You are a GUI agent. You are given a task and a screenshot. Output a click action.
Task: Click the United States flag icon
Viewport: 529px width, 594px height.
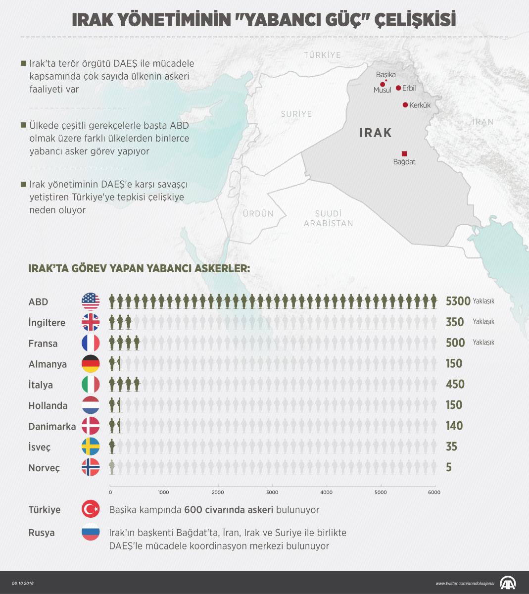pos(91,301)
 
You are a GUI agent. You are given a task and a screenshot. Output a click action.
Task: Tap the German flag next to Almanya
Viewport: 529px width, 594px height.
pos(91,364)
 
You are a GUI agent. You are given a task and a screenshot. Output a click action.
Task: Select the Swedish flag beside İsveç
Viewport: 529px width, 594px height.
pos(91,447)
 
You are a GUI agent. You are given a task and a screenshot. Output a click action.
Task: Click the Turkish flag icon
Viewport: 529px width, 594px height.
pos(91,509)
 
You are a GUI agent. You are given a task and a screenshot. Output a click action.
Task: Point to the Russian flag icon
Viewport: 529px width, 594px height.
pos(91,532)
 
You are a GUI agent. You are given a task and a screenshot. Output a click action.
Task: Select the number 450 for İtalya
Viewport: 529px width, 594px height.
pos(455,385)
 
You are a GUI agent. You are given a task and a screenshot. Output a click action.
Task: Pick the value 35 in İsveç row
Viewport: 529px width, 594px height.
pos(451,447)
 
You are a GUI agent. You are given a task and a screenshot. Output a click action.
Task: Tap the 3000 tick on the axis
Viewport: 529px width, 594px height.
pos(272,493)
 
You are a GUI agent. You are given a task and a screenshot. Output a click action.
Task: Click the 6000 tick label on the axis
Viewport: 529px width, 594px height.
pos(434,493)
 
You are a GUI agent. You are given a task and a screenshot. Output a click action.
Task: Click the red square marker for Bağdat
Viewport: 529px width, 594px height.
pos(404,153)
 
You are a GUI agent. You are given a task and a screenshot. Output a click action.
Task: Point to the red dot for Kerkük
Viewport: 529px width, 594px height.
pos(405,105)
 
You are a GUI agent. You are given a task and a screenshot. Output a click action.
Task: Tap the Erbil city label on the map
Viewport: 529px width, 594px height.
pos(409,89)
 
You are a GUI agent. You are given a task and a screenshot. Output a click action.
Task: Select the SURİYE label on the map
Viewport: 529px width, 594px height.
pos(296,114)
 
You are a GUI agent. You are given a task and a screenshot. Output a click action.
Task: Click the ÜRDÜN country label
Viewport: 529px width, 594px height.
pos(257,214)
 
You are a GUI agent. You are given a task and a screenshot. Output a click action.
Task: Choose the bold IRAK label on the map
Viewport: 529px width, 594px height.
pos(375,133)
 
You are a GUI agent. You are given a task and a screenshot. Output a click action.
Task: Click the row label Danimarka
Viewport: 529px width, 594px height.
pos(52,426)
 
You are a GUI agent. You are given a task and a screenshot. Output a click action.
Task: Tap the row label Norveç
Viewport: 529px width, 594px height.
pos(44,468)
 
